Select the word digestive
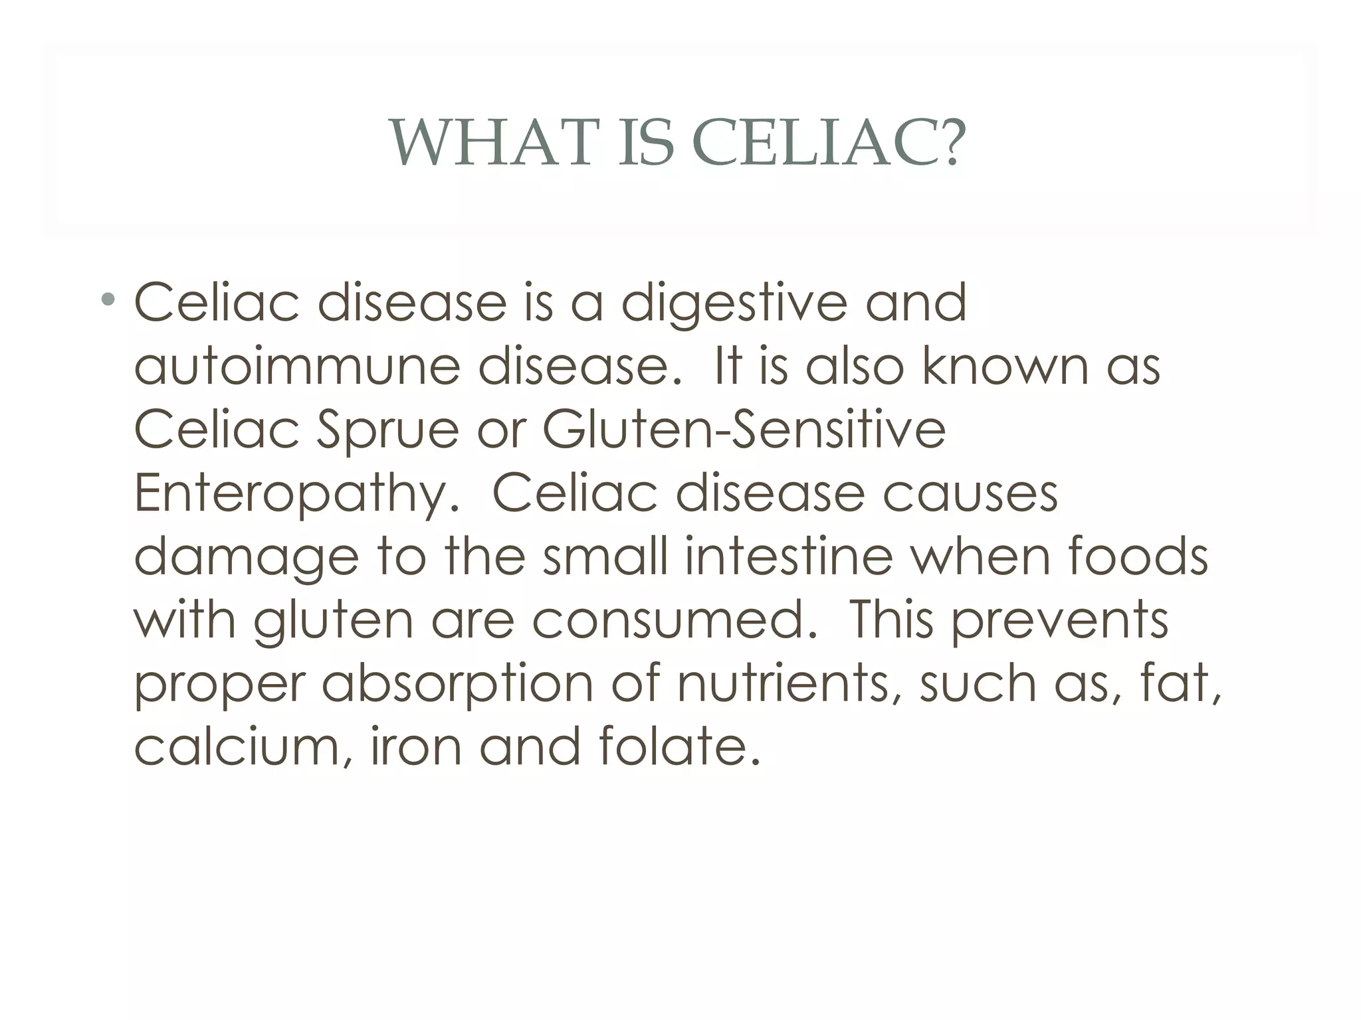(734, 304)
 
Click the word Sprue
(387, 430)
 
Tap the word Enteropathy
(296, 495)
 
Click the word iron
(416, 747)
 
